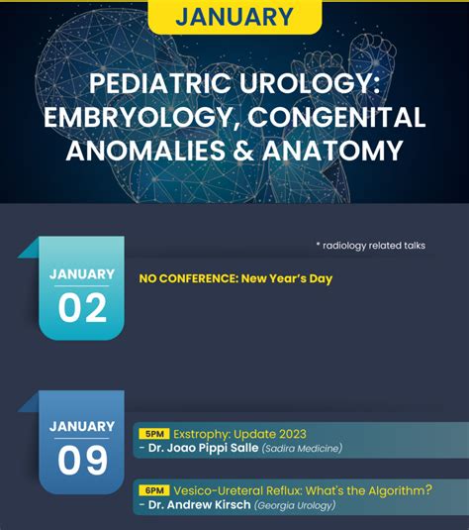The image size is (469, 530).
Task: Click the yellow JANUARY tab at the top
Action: click(x=234, y=17)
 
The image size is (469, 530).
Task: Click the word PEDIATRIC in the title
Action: click(x=161, y=83)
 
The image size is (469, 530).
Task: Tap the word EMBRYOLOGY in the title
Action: click(x=141, y=117)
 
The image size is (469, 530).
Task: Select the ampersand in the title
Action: click(x=243, y=150)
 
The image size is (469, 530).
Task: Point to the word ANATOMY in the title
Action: click(x=332, y=150)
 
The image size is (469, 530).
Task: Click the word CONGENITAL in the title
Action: click(x=336, y=117)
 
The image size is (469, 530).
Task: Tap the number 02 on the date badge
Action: click(x=82, y=307)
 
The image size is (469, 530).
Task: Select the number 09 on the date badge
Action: click(x=82, y=460)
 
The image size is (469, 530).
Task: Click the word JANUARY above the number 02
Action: click(x=82, y=274)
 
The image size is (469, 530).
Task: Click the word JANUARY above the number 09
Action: click(x=82, y=427)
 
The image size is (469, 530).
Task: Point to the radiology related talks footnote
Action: click(x=371, y=246)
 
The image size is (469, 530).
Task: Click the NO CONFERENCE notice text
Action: click(x=235, y=278)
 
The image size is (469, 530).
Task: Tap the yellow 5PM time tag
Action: click(x=154, y=434)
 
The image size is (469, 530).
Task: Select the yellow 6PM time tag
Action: click(x=154, y=490)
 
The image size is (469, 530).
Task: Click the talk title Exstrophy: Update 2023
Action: click(x=239, y=434)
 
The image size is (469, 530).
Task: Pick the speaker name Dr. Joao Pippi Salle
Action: click(x=203, y=448)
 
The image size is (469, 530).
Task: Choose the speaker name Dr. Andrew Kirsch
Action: click(x=200, y=504)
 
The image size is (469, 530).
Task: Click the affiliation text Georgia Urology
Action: click(x=295, y=505)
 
